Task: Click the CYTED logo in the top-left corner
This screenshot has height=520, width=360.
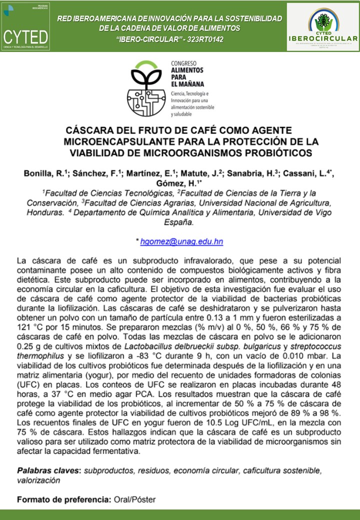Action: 26,26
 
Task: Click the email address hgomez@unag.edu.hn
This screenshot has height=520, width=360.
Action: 181,241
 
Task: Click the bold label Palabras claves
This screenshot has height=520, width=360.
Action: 49,471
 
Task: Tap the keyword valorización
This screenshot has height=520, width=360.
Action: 38,480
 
